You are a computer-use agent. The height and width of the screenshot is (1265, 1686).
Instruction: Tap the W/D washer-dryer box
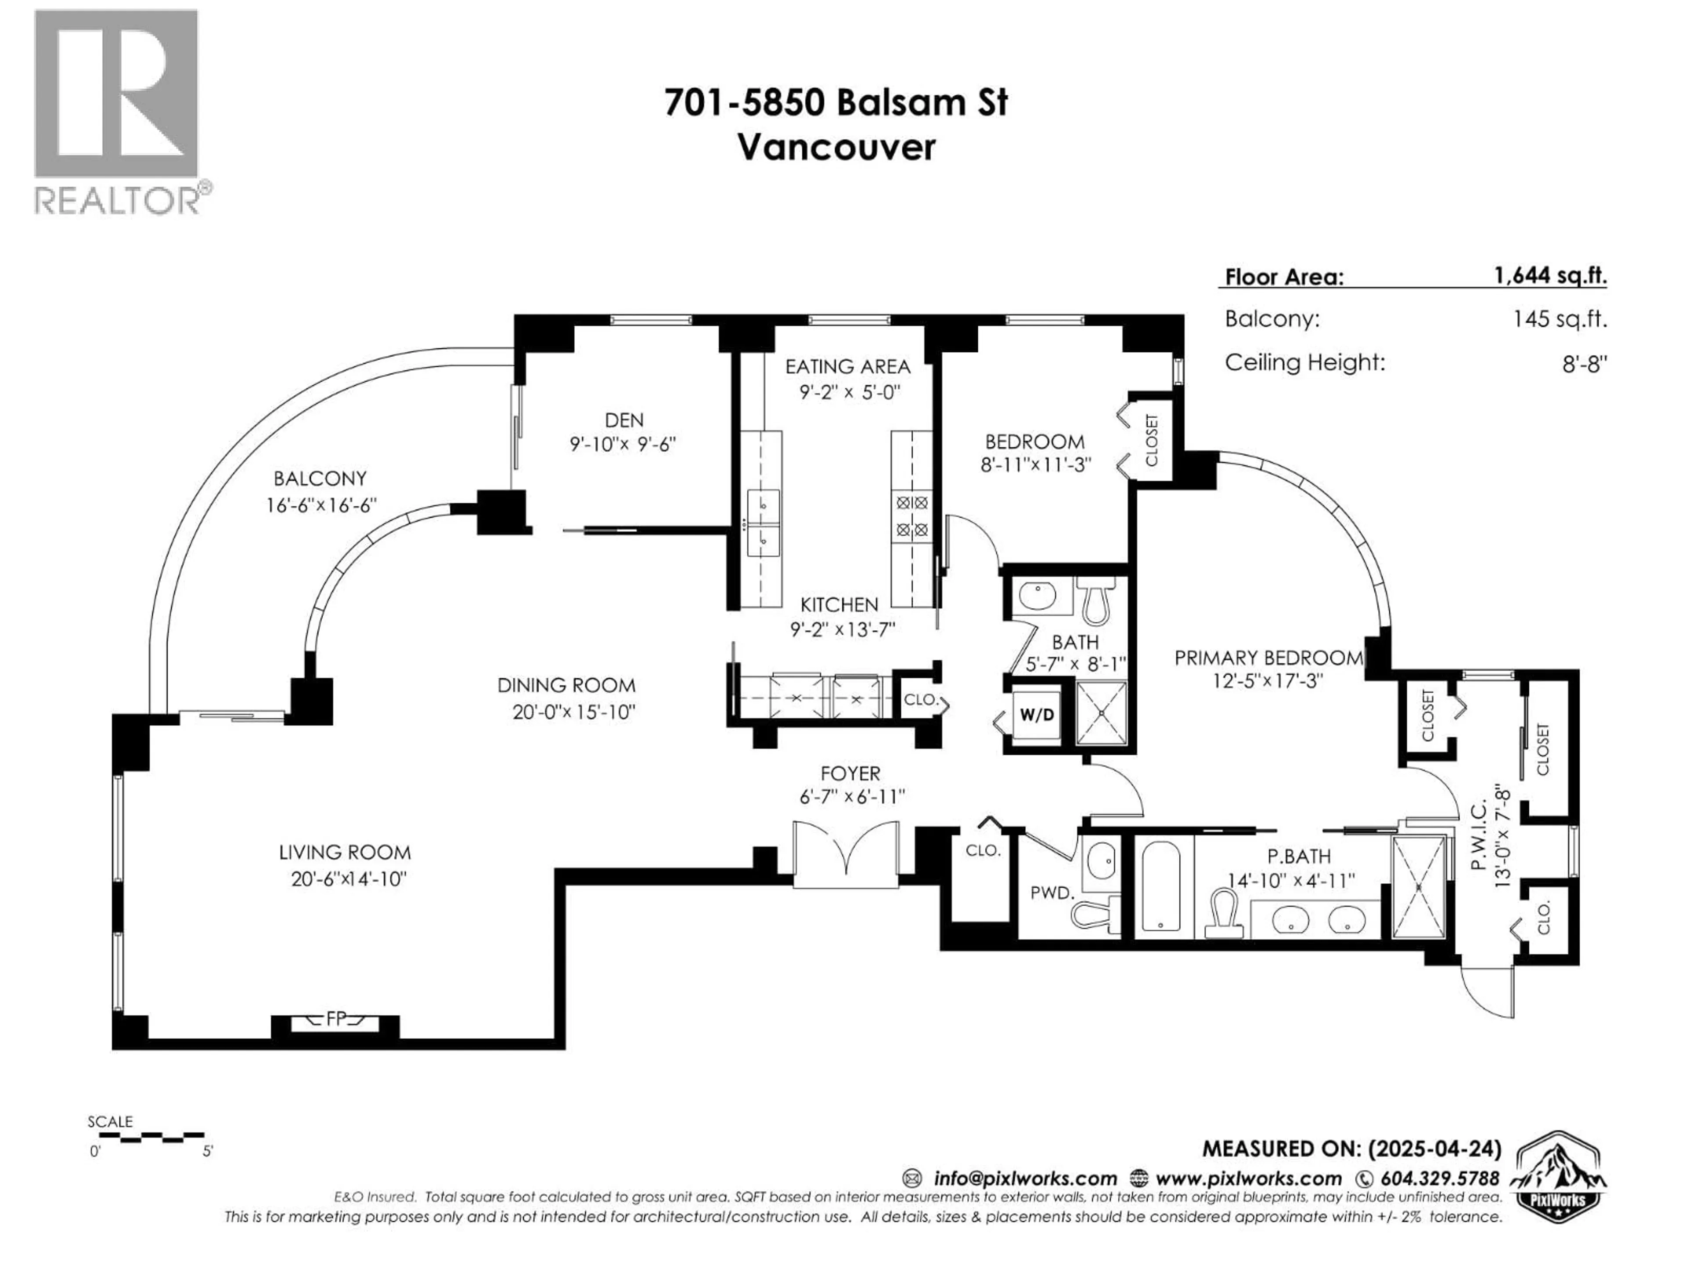pyautogui.click(x=1037, y=715)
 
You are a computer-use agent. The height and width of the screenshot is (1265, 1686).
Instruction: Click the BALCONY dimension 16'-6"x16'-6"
pyautogui.click(x=321, y=505)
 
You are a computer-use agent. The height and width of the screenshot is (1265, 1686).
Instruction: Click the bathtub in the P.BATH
pyautogui.click(x=1161, y=886)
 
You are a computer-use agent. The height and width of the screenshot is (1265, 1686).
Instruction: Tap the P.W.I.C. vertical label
pyautogui.click(x=1480, y=835)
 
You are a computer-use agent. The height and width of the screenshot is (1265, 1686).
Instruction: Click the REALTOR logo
pyautogui.click(x=117, y=111)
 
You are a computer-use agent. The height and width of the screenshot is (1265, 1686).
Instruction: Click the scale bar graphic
pyautogui.click(x=151, y=1137)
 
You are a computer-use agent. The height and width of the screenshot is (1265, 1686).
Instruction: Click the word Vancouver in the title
pyautogui.click(x=836, y=147)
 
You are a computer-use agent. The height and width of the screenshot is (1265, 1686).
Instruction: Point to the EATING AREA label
pyautogui.click(x=847, y=367)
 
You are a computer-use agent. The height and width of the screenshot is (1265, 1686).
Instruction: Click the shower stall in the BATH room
pyautogui.click(x=1101, y=714)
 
